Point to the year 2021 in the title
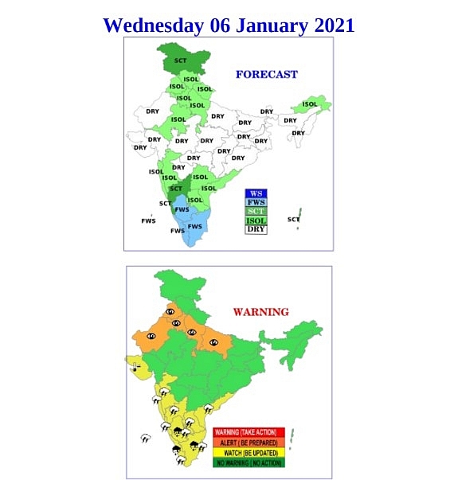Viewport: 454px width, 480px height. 335,25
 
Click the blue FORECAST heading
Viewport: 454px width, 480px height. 266,75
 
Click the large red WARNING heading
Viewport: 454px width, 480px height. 260,311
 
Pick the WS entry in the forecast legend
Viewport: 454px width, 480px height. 256,193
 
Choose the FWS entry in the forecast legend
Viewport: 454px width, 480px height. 256,202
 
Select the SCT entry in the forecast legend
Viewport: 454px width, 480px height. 256,211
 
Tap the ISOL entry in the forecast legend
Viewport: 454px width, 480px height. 256,220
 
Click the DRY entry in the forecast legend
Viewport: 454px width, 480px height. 256,229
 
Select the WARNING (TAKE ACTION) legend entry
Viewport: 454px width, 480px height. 249,432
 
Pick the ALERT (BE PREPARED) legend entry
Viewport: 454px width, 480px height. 249,442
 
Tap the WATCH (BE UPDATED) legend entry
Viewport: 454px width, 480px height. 249,451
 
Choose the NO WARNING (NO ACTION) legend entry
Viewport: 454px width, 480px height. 249,461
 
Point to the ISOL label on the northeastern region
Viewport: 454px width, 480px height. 310,104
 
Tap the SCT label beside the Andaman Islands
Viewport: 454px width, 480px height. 293,219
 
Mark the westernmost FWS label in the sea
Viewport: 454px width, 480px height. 148,220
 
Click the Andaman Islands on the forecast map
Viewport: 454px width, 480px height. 299,216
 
